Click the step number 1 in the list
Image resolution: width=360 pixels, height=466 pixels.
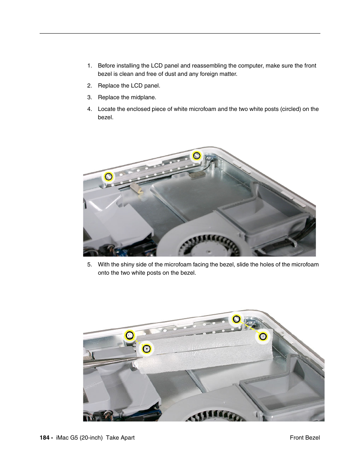pos(89,66)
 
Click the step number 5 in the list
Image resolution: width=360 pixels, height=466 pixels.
pos(89,265)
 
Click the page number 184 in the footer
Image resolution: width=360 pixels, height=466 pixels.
pos(44,438)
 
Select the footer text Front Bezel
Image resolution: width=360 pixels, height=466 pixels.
pos(305,438)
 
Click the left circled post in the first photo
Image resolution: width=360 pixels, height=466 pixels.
pos(109,176)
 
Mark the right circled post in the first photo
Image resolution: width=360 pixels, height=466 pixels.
pos(197,155)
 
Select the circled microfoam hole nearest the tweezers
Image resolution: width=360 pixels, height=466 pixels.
pos(146,349)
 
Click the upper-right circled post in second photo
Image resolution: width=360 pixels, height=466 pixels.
pos(236,319)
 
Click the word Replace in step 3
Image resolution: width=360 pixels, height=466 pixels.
pos(108,97)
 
